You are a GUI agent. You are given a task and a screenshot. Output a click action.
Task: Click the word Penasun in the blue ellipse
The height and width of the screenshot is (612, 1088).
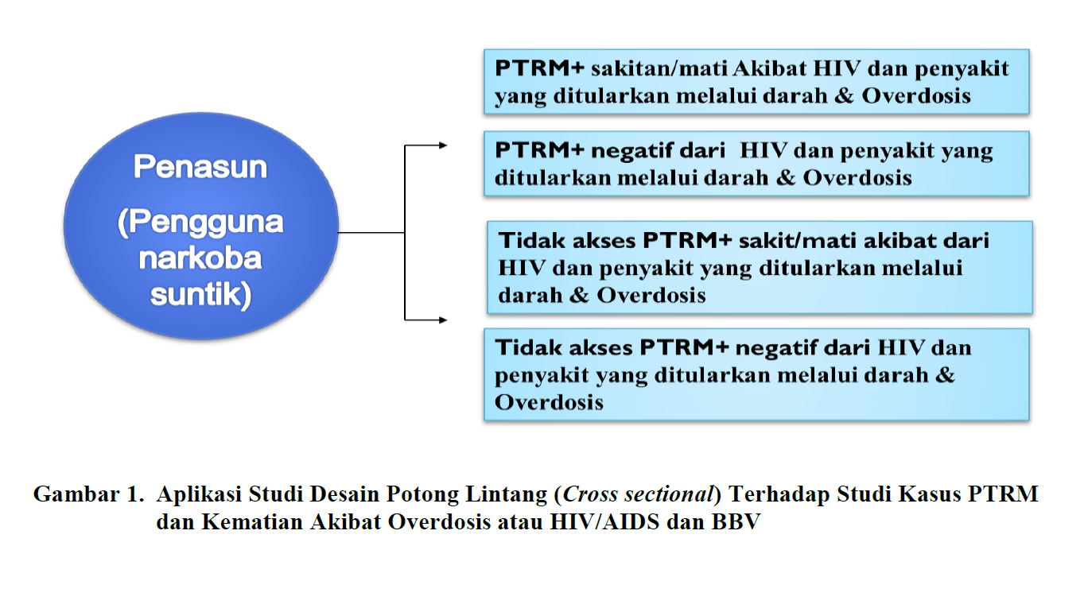coord(200,166)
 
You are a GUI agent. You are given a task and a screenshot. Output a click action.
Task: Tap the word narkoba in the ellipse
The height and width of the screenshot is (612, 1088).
coord(200,258)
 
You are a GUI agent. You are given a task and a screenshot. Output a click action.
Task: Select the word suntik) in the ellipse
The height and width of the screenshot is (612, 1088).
coord(200,294)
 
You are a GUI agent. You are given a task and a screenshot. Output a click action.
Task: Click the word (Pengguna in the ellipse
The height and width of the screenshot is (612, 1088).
coord(200,223)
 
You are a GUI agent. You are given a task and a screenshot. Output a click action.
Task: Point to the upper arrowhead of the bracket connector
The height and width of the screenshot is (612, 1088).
coord(442,145)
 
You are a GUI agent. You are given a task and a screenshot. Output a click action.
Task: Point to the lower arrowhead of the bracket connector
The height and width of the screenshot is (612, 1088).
coord(442,320)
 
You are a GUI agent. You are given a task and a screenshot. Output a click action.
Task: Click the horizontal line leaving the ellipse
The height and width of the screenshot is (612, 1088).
coord(371,232)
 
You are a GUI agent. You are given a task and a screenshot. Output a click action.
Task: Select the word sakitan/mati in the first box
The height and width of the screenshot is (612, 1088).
coord(659,68)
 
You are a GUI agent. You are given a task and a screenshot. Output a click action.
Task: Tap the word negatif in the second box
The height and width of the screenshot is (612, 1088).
coord(627,150)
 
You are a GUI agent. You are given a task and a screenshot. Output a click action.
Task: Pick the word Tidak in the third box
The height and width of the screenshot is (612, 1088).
coord(531,240)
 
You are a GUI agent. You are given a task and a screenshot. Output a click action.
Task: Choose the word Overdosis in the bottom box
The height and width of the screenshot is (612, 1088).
coord(549,402)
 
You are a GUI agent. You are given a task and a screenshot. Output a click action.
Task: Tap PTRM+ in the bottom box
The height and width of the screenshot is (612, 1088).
coord(684,347)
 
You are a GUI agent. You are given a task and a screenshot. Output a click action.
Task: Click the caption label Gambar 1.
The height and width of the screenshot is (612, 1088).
coord(89,494)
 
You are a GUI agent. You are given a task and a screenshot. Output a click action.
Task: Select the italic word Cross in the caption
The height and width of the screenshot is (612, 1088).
coord(589,494)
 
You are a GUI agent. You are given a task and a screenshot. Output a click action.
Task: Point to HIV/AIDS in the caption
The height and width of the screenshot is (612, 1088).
coord(604,522)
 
